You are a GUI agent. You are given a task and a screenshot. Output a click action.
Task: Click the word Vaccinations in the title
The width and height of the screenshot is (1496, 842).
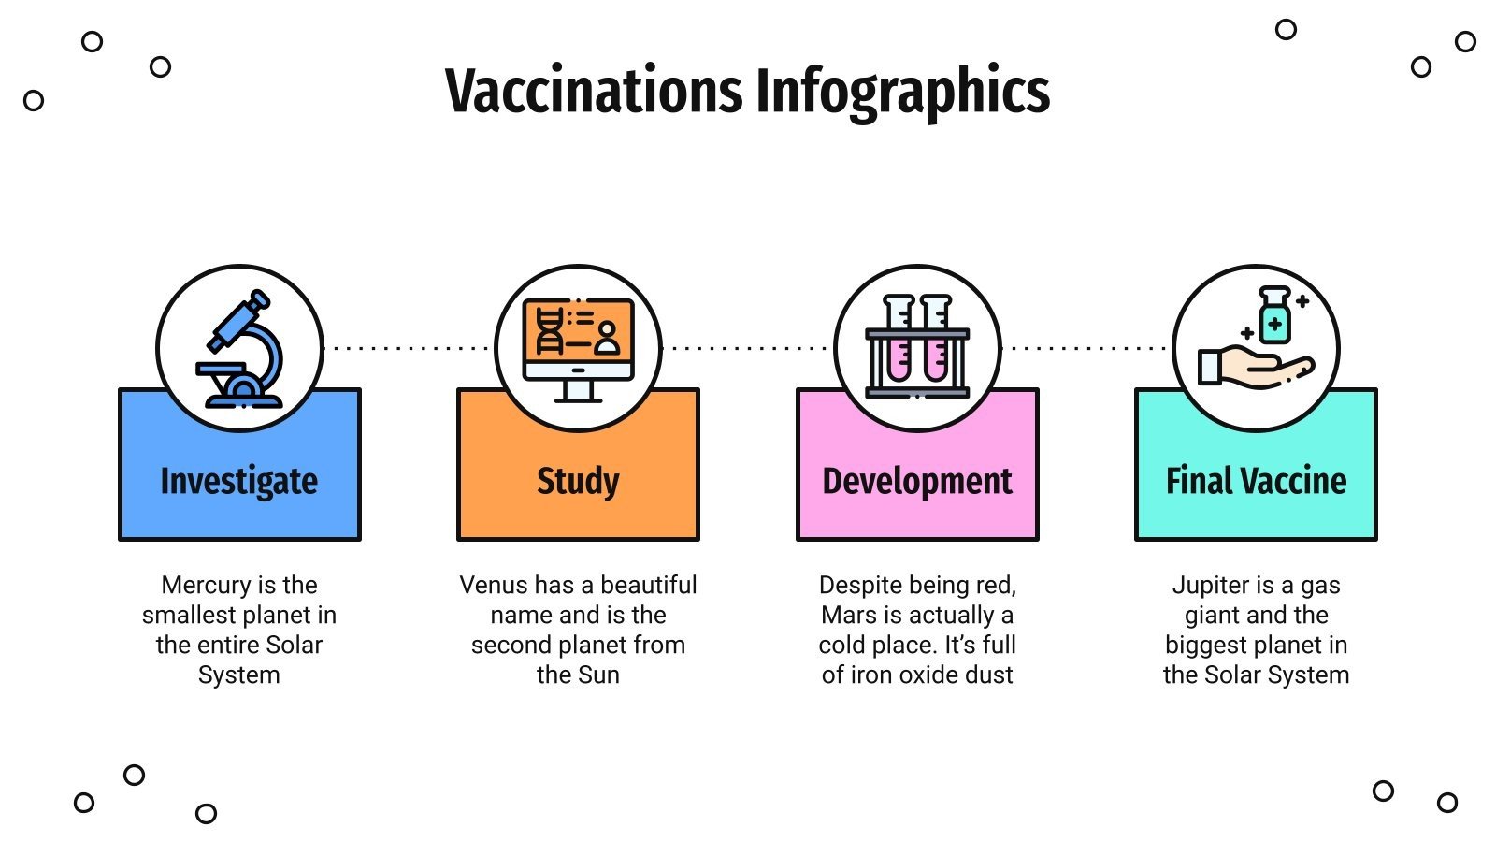[x=594, y=92]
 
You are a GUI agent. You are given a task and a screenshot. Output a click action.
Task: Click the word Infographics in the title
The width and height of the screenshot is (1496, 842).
[x=902, y=92]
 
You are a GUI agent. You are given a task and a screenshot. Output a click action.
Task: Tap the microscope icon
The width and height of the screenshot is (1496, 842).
[x=240, y=350]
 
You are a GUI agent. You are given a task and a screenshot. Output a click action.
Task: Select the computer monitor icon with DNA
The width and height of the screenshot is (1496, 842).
[x=578, y=348]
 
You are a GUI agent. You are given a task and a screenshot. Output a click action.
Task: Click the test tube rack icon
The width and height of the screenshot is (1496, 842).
[x=917, y=348]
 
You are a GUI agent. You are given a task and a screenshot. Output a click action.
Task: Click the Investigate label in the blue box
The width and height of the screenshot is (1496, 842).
[x=239, y=481]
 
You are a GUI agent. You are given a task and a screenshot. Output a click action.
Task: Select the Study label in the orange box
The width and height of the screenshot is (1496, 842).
[x=578, y=481]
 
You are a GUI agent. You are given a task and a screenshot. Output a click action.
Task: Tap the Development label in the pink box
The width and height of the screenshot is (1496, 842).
[x=917, y=481]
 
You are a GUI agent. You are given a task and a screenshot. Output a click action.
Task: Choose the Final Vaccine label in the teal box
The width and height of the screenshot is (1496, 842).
[x=1256, y=481]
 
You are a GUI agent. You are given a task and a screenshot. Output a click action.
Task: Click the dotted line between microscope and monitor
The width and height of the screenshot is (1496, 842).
[x=409, y=348]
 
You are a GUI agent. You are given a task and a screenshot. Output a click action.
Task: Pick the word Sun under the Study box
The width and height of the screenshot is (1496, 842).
[x=598, y=675]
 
